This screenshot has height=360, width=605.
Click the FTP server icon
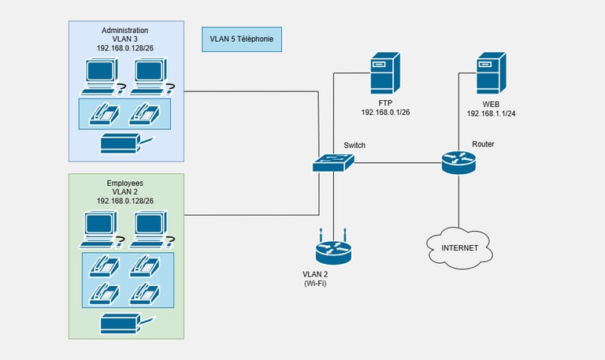click(386, 73)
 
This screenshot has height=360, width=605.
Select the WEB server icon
click(491, 73)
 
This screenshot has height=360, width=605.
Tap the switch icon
click(333, 163)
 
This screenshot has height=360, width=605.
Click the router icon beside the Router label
click(458, 163)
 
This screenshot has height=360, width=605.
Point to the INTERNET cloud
click(459, 248)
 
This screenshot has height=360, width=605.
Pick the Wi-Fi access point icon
click(332, 251)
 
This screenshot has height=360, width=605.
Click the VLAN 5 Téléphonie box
click(242, 38)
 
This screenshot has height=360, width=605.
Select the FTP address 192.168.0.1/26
click(385, 113)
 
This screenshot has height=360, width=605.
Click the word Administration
click(125, 30)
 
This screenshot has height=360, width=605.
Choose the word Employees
click(125, 183)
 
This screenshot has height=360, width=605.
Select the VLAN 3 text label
click(125, 39)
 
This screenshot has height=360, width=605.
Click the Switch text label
click(354, 145)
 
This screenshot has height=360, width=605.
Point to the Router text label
click(483, 144)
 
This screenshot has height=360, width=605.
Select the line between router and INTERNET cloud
click(459, 203)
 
